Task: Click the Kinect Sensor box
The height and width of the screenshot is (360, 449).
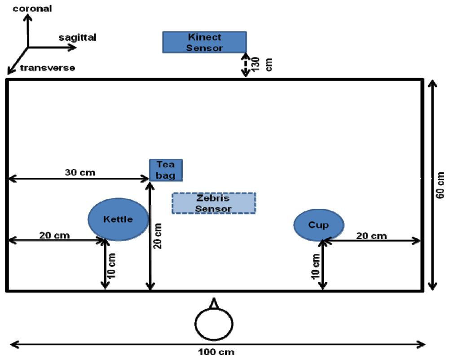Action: click(204, 42)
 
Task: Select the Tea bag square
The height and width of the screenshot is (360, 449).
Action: click(166, 170)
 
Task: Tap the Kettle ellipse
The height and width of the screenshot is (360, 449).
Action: click(118, 219)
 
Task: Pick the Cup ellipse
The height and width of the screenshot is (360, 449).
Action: click(319, 224)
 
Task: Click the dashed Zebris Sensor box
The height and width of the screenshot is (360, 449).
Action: click(214, 203)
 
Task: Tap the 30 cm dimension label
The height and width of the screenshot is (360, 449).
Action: click(80, 172)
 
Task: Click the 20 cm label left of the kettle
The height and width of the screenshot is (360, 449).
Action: click(54, 235)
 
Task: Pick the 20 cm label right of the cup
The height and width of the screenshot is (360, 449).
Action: click(371, 236)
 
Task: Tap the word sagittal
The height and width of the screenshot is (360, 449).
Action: click(77, 38)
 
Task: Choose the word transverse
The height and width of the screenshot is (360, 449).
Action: click(48, 68)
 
